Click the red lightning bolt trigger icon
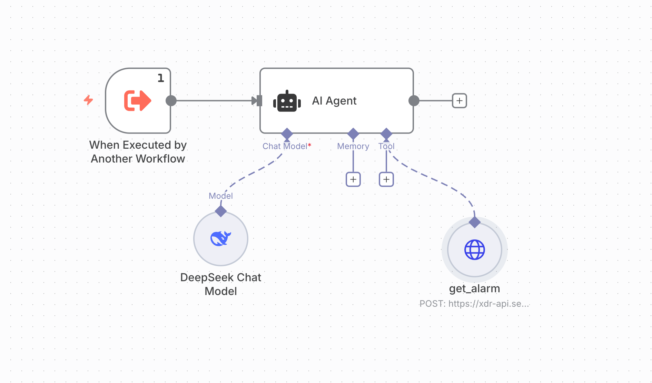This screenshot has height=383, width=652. [x=89, y=100]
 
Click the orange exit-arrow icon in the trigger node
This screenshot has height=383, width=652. [x=137, y=101]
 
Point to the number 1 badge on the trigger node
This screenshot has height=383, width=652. [x=161, y=78]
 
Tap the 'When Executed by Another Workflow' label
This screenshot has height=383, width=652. [x=138, y=152]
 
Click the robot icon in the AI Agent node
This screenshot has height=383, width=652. [x=287, y=101]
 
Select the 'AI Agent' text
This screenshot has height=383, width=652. [x=334, y=101]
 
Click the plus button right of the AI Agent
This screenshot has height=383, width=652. [x=459, y=101]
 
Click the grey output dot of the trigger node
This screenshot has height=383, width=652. [x=171, y=101]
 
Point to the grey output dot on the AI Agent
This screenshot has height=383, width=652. [x=414, y=101]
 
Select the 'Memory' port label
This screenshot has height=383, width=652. [x=353, y=146]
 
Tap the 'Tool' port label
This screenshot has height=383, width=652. [x=386, y=146]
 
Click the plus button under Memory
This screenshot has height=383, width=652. [x=353, y=179]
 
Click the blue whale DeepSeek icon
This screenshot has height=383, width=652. [x=221, y=238]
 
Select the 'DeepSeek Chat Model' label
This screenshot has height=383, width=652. [x=221, y=284]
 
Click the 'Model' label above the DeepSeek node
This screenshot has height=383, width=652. [x=221, y=196]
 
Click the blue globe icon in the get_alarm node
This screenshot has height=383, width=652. [x=475, y=250]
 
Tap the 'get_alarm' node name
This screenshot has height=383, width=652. [x=474, y=288]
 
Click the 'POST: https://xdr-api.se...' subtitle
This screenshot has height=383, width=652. [x=474, y=304]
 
